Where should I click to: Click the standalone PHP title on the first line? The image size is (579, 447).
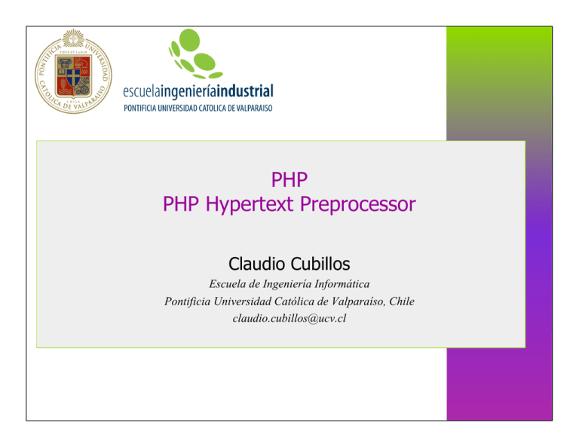289,179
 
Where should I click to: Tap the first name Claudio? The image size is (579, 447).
254,264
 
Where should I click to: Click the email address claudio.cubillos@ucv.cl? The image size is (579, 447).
289,318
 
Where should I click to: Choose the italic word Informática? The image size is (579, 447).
340,285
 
